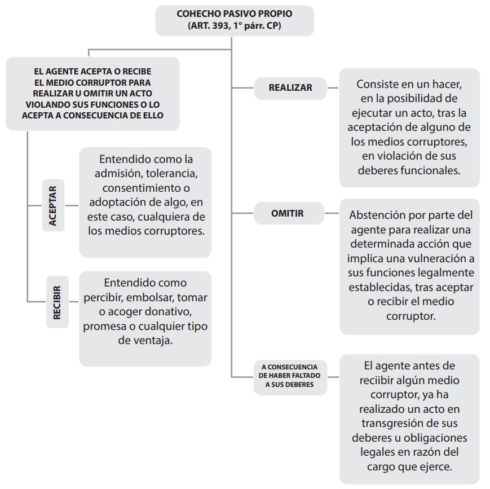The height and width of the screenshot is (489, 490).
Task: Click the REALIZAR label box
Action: point(290,88)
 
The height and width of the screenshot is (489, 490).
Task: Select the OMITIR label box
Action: point(289,213)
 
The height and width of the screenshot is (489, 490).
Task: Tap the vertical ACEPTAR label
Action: point(53,205)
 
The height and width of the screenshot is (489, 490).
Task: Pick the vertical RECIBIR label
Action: point(58,302)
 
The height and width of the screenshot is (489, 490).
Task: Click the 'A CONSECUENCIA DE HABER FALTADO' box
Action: point(290,377)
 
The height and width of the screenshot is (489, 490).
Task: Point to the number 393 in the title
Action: point(220,25)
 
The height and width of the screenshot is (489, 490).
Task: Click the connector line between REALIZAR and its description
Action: point(333,88)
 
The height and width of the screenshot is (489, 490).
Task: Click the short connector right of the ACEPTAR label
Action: point(72,206)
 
